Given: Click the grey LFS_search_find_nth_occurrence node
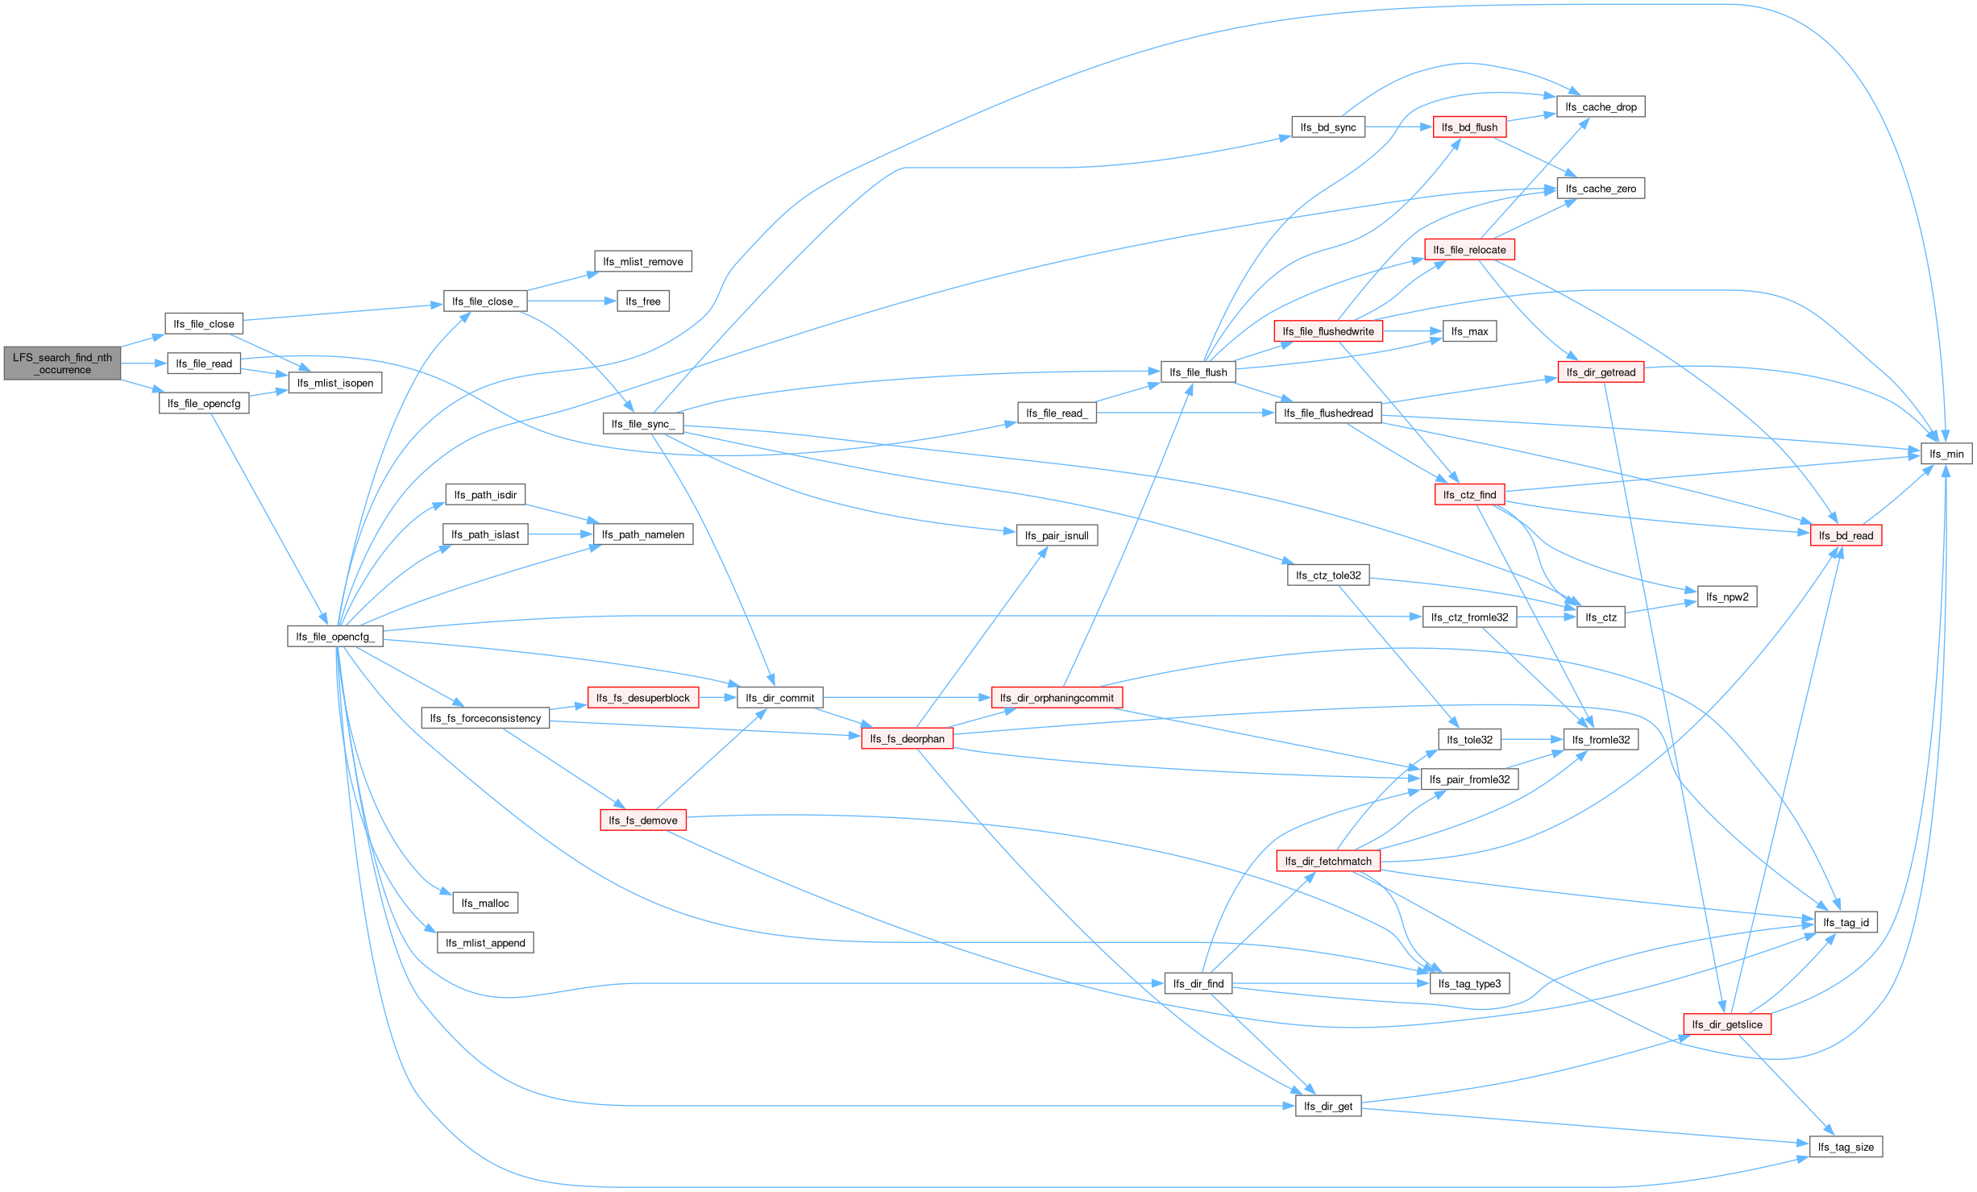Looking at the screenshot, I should [x=62, y=363].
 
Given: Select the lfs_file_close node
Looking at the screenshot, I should [x=204, y=324].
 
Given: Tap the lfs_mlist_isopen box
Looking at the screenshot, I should [x=335, y=383].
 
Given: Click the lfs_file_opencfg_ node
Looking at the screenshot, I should [x=334, y=637].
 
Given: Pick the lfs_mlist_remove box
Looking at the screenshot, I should [x=643, y=262].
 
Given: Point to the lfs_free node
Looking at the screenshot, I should [x=643, y=301].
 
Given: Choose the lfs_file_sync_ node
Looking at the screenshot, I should [x=642, y=424].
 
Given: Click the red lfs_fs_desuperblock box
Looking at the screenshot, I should [x=643, y=698].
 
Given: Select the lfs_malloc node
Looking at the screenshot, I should [x=485, y=903].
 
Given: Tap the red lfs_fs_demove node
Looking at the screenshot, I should [x=643, y=820].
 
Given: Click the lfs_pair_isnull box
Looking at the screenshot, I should [x=1057, y=535].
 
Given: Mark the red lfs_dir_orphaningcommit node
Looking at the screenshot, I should [x=1057, y=698].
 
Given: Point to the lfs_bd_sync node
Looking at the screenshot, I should [x=1328, y=127].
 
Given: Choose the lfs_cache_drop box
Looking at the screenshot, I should [x=1601, y=107].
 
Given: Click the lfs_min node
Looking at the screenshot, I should [x=1946, y=454].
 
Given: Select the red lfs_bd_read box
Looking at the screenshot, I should [x=1846, y=535].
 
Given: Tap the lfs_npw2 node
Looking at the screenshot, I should [x=1727, y=596].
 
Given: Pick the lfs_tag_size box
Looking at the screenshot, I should [x=1846, y=1147].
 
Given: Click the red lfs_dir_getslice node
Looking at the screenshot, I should [x=1727, y=1024].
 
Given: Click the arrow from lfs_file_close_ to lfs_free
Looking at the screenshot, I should [x=568, y=301].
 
